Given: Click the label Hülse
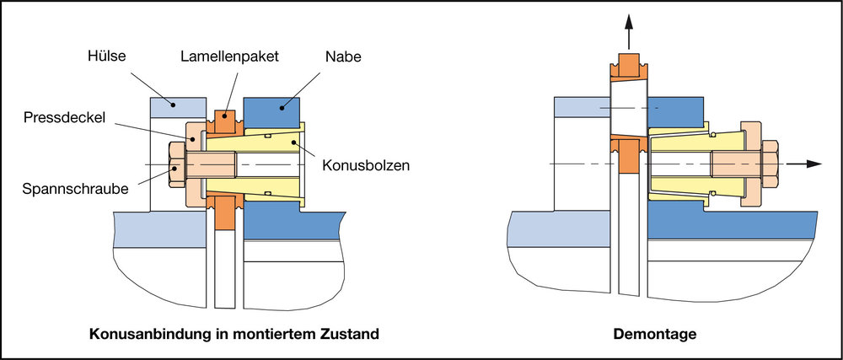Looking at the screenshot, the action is [106, 56].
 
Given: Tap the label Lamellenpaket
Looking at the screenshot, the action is [229, 57].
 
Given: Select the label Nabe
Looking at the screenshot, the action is [343, 57].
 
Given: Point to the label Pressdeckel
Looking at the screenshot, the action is [63, 118].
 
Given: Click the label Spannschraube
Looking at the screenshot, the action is [75, 189].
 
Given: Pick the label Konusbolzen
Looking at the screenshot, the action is [366, 165].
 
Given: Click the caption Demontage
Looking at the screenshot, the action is [655, 334].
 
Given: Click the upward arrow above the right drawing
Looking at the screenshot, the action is [629, 32].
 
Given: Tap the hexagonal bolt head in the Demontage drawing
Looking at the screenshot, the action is [770, 164].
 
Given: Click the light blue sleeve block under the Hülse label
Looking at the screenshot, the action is [179, 107].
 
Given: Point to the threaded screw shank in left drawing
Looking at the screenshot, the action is [211, 164].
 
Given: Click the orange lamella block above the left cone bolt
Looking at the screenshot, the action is [225, 121].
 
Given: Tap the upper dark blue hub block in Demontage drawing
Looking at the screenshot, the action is [676, 112].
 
